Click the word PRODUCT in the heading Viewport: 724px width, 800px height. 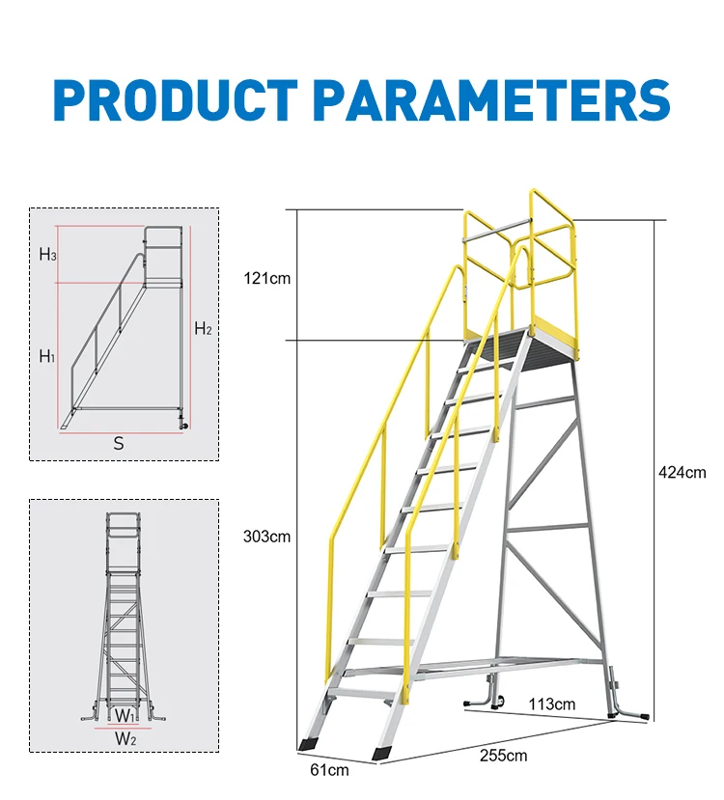click(175, 100)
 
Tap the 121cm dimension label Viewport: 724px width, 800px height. click(266, 279)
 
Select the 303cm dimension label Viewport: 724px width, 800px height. click(266, 537)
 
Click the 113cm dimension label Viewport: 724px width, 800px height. click(551, 704)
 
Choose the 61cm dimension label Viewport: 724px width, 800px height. click(329, 769)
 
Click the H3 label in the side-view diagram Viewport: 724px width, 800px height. click(47, 255)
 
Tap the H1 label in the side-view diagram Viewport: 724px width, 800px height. click(47, 356)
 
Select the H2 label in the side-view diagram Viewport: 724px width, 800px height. click(203, 328)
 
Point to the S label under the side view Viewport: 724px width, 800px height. click(119, 444)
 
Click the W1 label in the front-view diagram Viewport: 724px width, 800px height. click(124, 716)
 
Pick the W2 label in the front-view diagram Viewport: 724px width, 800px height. click(125, 738)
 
